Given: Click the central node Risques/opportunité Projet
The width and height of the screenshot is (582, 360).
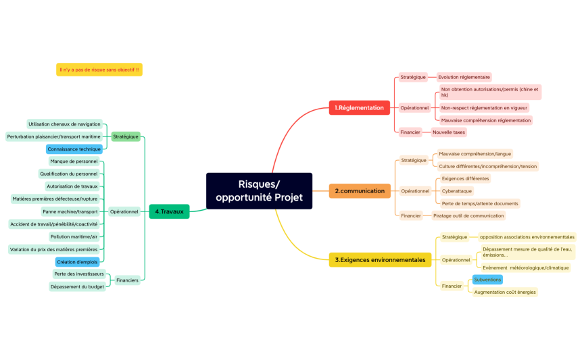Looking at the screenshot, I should point(259,191).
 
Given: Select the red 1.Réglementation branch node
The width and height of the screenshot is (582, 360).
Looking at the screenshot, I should point(360,107).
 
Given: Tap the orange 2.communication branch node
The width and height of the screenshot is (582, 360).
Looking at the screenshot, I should point(360,191).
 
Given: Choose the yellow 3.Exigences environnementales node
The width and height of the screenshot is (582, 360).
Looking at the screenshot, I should point(380,259).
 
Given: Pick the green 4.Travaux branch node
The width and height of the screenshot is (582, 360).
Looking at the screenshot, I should point(169,211).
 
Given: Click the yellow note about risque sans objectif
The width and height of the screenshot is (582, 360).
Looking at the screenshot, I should point(99,70).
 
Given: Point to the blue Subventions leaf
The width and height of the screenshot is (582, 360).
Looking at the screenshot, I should point(487,280).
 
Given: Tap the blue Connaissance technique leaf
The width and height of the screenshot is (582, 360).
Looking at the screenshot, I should point(74,149).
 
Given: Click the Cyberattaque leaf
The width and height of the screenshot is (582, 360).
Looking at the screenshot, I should point(456,191).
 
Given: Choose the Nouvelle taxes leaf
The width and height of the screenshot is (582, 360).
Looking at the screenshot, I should point(450,132).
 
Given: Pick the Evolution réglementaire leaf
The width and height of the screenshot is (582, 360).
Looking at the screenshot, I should point(464,77).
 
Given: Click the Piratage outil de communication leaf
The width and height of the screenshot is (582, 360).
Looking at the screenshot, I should point(468,215).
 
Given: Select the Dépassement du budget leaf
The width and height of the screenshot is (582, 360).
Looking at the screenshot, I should point(76,286).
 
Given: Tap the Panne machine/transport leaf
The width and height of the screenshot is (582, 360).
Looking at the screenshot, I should point(70,211).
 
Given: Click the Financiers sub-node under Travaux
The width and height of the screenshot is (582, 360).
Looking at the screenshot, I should point(127,280).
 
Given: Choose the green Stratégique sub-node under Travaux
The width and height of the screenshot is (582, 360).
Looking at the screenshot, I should point(126,136).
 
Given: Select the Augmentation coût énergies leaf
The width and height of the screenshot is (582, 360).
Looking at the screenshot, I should point(505,292).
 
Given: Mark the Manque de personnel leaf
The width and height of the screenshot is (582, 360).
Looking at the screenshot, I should point(74,161).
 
